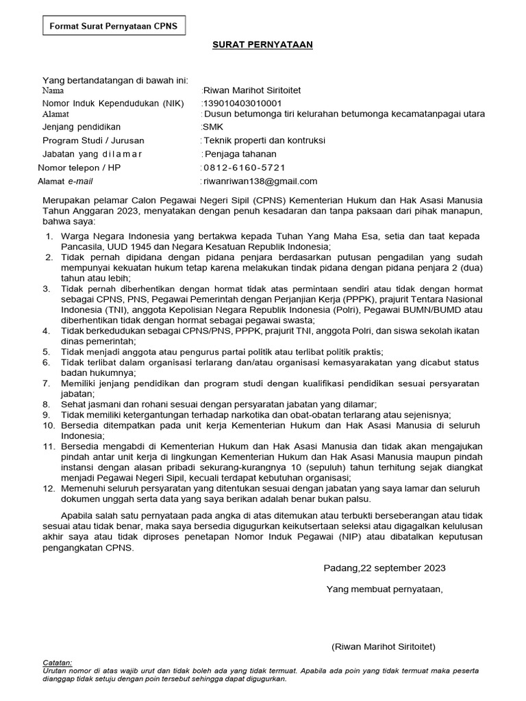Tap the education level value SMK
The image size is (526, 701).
click(x=213, y=127)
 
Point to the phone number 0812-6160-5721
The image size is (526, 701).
click(x=245, y=168)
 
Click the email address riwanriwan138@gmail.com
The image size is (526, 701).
click(x=260, y=181)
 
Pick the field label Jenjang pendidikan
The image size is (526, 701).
click(x=82, y=127)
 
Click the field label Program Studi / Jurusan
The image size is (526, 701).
click(x=93, y=140)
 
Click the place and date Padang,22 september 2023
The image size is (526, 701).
click(x=384, y=568)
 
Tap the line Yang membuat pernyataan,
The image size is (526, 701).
click(x=384, y=588)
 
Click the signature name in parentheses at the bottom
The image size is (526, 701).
click(x=383, y=646)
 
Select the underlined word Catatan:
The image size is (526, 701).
click(x=58, y=663)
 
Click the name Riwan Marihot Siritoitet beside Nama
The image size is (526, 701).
click(x=252, y=90)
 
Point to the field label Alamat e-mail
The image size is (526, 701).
click(x=66, y=181)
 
